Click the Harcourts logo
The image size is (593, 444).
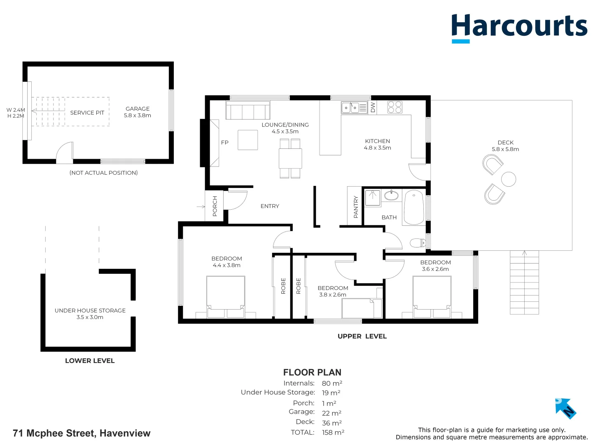click(519, 27)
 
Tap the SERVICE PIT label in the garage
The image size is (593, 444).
click(87, 113)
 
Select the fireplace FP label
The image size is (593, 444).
click(224, 143)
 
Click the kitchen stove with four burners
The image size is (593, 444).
click(395, 107)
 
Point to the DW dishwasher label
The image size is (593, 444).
click(373, 107)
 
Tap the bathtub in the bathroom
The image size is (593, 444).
click(414, 207)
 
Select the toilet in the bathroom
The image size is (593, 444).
click(418, 243)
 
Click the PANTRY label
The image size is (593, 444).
click(356, 206)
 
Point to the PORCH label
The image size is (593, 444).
click(215, 206)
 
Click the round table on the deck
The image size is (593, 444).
click(509, 179)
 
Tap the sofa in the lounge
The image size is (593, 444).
click(247, 111)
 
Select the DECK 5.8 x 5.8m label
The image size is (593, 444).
click(505, 146)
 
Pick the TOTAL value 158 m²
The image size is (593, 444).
click(333, 432)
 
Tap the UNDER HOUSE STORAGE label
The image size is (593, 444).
click(90, 311)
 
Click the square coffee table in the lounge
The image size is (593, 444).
click(247, 140)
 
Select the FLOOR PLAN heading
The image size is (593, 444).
click(312, 372)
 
